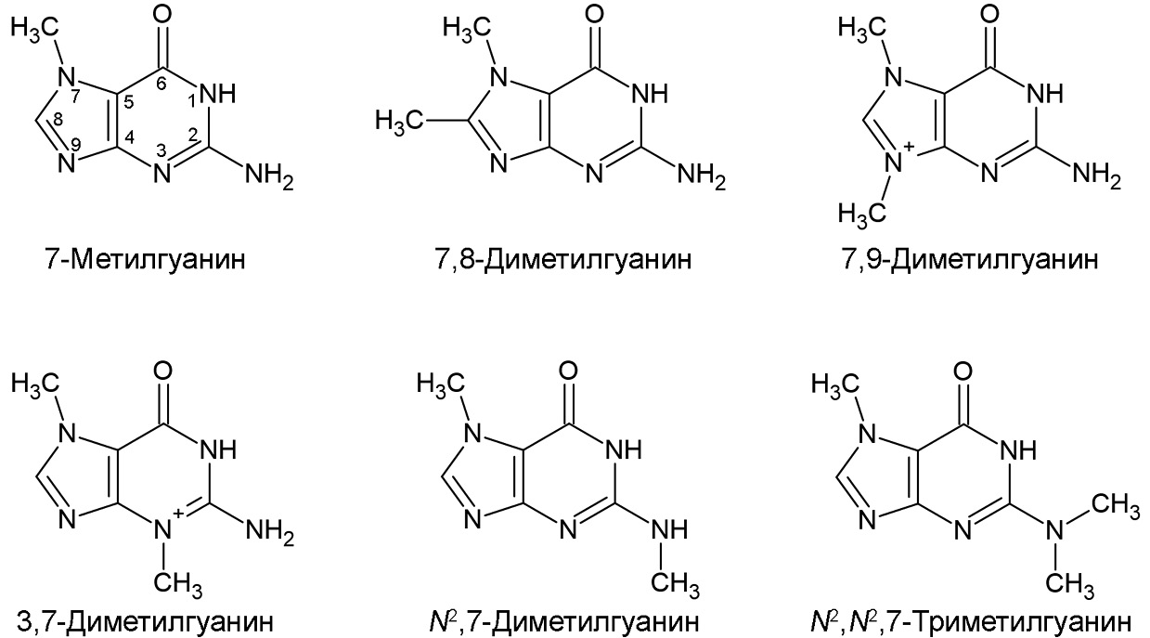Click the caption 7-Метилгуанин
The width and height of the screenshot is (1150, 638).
click(146, 260)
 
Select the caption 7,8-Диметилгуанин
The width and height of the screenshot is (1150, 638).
click(562, 260)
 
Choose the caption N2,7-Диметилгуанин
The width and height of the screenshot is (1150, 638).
click(564, 621)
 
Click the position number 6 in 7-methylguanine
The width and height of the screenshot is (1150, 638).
click(162, 85)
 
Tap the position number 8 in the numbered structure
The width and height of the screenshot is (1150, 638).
click(58, 120)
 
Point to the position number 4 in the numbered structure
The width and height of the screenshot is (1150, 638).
click(129, 137)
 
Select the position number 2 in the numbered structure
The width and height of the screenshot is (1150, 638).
click(193, 135)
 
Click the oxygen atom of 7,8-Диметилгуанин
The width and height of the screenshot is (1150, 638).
click(595, 14)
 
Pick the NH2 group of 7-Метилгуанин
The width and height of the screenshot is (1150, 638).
click(269, 176)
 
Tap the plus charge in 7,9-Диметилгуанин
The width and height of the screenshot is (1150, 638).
click(910, 147)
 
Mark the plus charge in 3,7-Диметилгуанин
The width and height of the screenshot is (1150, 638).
click(178, 512)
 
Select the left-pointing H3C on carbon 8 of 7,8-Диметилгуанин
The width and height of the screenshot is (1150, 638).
click(399, 123)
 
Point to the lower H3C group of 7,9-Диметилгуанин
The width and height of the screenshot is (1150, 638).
click(862, 213)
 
